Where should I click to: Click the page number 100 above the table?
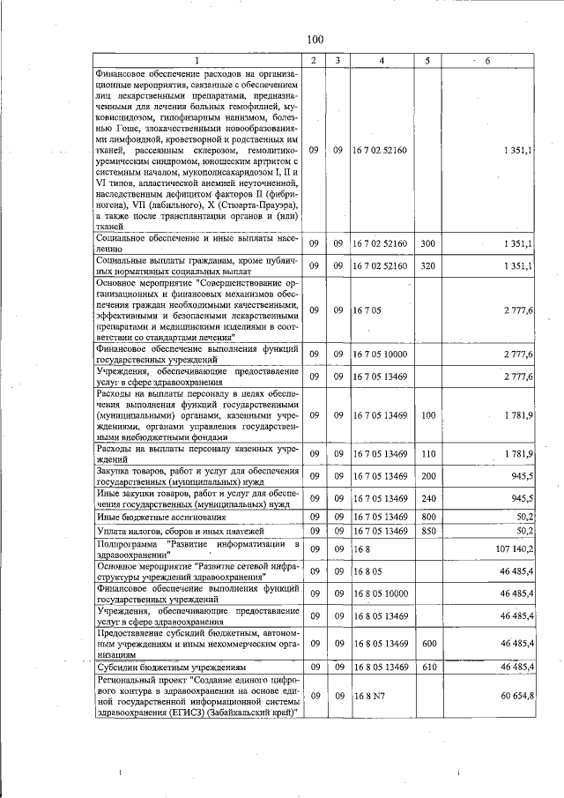316,39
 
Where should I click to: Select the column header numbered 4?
381,59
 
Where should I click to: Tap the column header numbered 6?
487,59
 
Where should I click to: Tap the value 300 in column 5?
428,243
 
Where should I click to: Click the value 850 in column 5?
428,531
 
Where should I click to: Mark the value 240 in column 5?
428,498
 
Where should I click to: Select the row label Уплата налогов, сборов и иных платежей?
168,531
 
